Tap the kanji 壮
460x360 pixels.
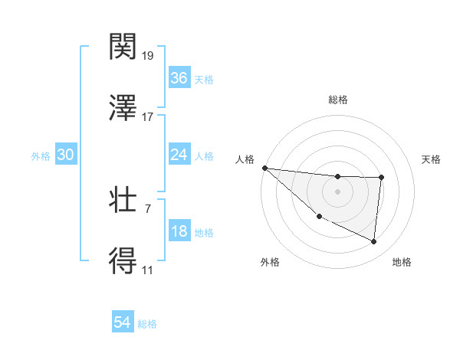click(123, 201)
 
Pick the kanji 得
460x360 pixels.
click(123, 261)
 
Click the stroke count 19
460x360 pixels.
click(148, 56)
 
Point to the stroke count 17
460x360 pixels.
click(148, 117)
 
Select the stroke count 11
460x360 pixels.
click(148, 270)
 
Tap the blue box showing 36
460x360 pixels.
click(179, 78)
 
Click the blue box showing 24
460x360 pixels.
click(179, 155)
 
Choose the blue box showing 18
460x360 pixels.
click(179, 231)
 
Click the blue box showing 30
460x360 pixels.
click(66, 155)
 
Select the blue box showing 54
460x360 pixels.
click(123, 322)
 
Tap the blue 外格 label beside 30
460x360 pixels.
click(41, 156)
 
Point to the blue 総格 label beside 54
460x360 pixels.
click(147, 324)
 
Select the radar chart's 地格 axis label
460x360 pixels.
click(402, 262)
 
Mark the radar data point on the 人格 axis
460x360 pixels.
click(264, 168)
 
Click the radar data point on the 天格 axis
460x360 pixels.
click(381, 178)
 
